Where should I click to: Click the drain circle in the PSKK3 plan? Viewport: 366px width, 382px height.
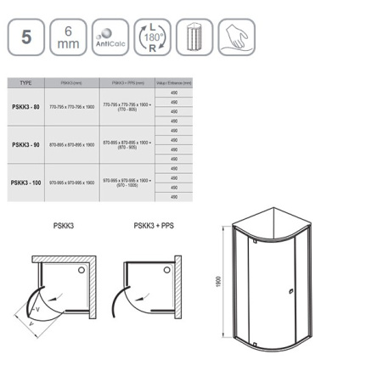coord(82,269)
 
